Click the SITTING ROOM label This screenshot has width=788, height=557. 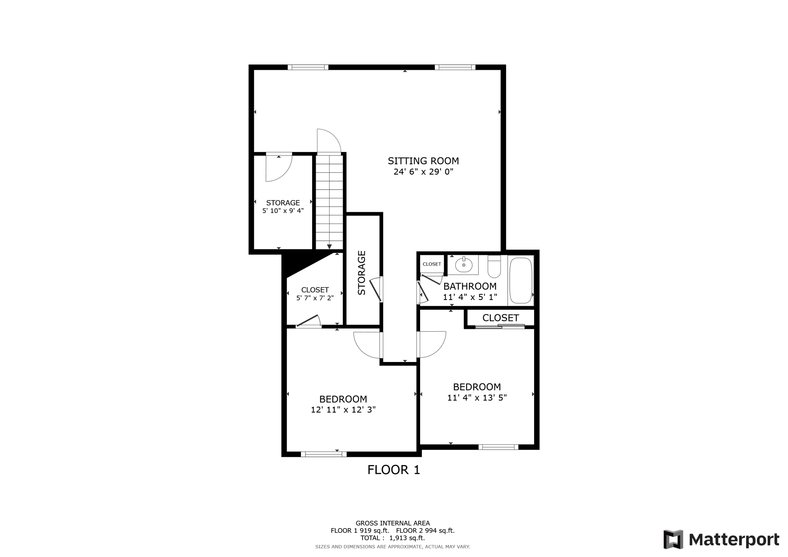[423, 161]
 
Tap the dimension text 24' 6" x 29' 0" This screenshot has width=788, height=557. [423, 172]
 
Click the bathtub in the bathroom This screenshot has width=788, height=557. [521, 280]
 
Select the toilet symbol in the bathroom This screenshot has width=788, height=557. [494, 267]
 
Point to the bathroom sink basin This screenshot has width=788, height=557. [464, 265]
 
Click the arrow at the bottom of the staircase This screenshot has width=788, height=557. [329, 246]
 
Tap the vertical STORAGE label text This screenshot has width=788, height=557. [362, 273]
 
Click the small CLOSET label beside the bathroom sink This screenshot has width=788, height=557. [432, 264]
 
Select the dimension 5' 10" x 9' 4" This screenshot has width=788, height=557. [283, 211]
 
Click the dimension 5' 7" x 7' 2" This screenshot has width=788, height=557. [315, 298]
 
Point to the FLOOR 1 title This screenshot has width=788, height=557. [394, 470]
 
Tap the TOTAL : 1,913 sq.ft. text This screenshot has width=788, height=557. [392, 538]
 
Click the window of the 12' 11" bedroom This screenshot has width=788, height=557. [324, 454]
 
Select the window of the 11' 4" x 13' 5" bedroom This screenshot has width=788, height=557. [498, 447]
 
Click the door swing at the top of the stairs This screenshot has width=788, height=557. [328, 141]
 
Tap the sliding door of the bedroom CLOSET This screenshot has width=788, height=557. [500, 327]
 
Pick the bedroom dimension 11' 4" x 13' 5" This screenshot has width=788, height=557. [477, 398]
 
